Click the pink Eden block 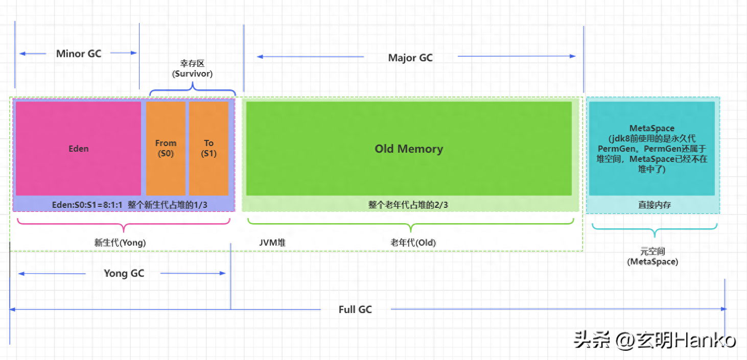click(78, 149)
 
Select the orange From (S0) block click(166, 148)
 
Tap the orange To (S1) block click(208, 148)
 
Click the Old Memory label click(409, 149)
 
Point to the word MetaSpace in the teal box click(652, 129)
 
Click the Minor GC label click(79, 54)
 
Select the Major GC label click(410, 58)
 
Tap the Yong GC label click(124, 273)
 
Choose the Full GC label click(355, 309)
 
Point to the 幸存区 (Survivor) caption click(192, 68)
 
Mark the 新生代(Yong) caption click(120, 243)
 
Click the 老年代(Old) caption click(413, 243)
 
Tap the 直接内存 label click(655, 205)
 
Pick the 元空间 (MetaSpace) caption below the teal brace click(652, 256)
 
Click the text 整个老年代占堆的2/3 click(408, 205)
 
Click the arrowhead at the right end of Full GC click(723, 309)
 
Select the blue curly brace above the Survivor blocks click(193, 91)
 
